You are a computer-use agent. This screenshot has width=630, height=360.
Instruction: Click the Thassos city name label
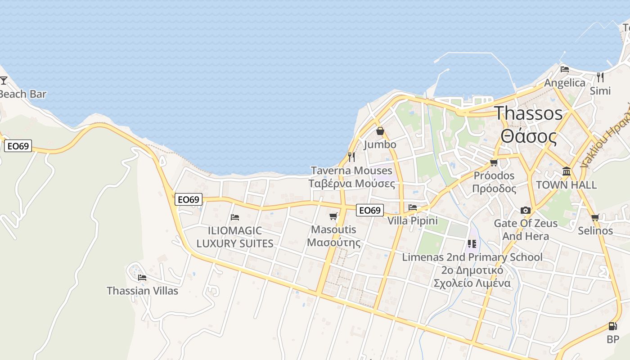point(529,113)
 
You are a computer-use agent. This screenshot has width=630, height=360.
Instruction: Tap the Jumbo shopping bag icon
point(380,131)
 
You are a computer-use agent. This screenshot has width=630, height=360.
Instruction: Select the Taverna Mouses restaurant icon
point(351,157)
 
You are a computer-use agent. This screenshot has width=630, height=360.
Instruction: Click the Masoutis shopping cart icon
point(333,216)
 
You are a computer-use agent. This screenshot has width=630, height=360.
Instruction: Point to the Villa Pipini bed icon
point(413,207)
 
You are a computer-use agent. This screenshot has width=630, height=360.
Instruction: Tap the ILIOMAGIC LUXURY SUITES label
point(235,237)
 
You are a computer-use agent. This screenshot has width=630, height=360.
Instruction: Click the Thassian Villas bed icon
point(142,277)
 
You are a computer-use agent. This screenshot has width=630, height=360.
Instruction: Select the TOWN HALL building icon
point(567,171)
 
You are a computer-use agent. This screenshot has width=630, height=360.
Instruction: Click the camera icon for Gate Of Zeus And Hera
point(525,210)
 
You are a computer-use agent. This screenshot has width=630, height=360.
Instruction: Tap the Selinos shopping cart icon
point(595,218)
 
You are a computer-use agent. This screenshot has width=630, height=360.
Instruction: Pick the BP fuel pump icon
point(612,326)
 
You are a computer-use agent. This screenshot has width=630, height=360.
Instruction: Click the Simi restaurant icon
point(600,77)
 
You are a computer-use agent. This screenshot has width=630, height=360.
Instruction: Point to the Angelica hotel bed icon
point(565,69)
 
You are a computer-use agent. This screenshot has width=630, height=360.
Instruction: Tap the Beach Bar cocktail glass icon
point(4,81)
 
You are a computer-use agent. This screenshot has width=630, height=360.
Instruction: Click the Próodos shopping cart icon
point(494,162)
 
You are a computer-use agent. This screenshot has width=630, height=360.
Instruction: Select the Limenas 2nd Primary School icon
point(472,244)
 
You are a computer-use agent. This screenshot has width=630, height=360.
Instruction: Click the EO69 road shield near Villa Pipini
point(370,210)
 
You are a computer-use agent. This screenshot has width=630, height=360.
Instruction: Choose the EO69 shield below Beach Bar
point(18,146)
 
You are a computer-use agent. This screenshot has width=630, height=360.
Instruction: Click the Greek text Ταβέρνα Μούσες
point(351,184)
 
